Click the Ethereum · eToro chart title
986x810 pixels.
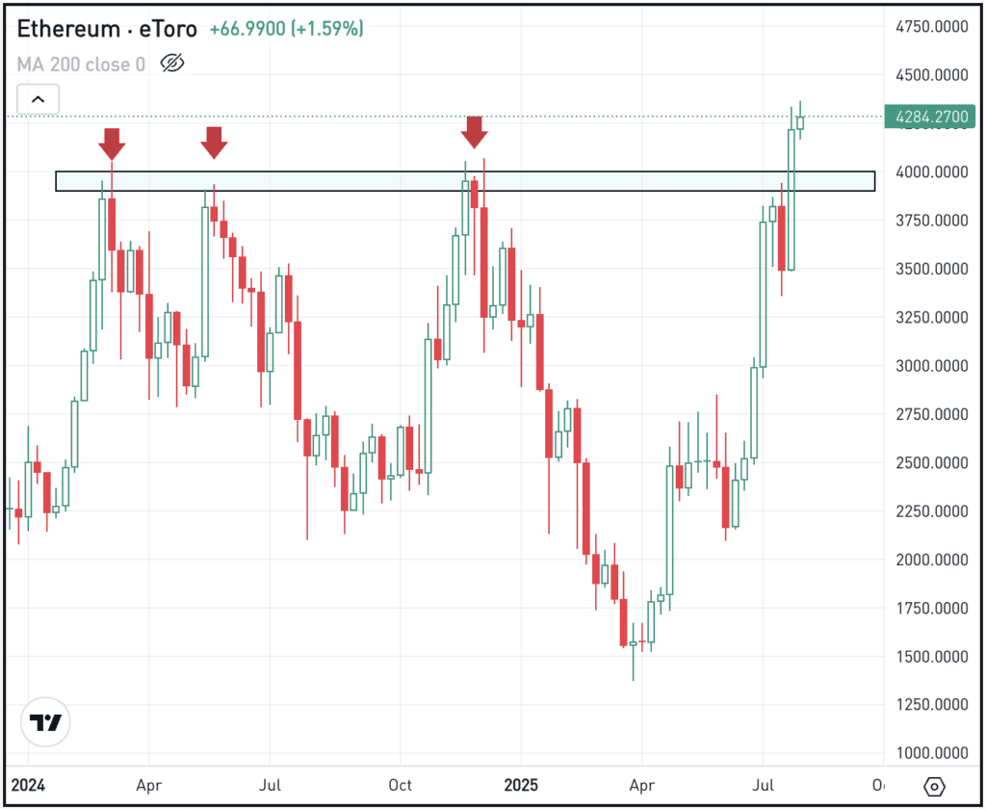[x=106, y=29]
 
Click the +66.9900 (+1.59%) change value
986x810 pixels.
[x=286, y=29]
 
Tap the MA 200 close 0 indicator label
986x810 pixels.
[x=81, y=65]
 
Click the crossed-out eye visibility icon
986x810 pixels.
[x=171, y=65]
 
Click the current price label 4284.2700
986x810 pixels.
[x=930, y=117]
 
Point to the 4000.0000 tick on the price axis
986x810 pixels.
[x=930, y=172]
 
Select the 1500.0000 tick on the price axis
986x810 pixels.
[x=930, y=657]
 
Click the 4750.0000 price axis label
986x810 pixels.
[x=930, y=27]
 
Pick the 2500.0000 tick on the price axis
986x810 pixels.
[x=930, y=463]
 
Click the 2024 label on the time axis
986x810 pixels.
[x=29, y=785]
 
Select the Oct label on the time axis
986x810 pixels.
[x=400, y=785]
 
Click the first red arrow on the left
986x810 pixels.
[x=112, y=144]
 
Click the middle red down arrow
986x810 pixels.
[x=214, y=143]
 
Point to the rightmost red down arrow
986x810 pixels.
[x=474, y=132]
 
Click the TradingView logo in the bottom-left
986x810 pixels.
[x=44, y=721]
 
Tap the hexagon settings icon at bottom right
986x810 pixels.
[x=934, y=787]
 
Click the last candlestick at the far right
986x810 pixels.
[x=800, y=121]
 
